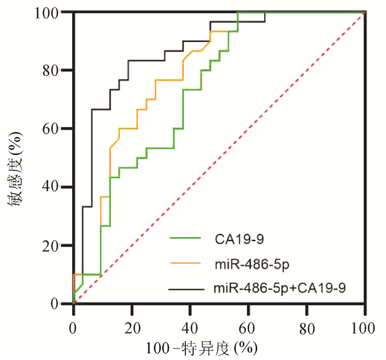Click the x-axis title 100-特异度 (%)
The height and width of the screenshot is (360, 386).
pos(201,348)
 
